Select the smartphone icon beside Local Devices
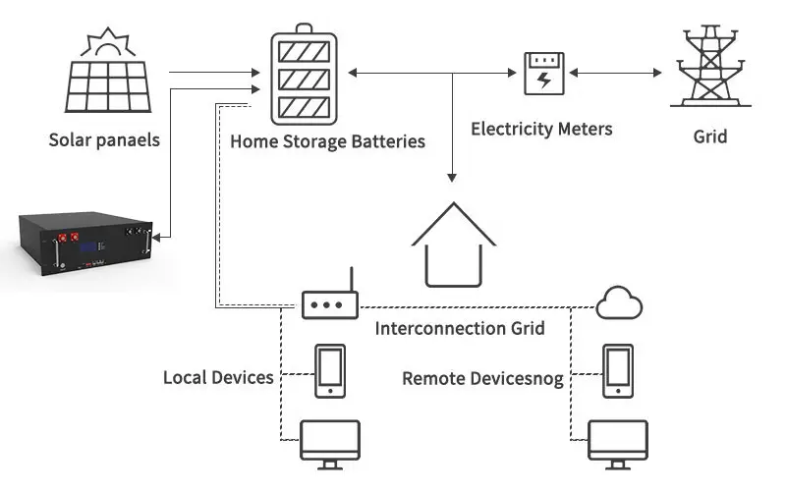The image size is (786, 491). [328, 371]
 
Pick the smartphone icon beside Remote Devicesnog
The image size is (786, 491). [617, 371]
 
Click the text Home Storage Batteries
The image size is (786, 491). [327, 141]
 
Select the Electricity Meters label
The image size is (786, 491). [541, 129]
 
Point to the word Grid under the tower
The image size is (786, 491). [709, 136]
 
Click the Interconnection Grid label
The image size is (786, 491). [460, 328]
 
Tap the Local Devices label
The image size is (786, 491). [218, 377]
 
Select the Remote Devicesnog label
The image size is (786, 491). [482, 378]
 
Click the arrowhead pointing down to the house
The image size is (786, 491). [452, 176]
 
